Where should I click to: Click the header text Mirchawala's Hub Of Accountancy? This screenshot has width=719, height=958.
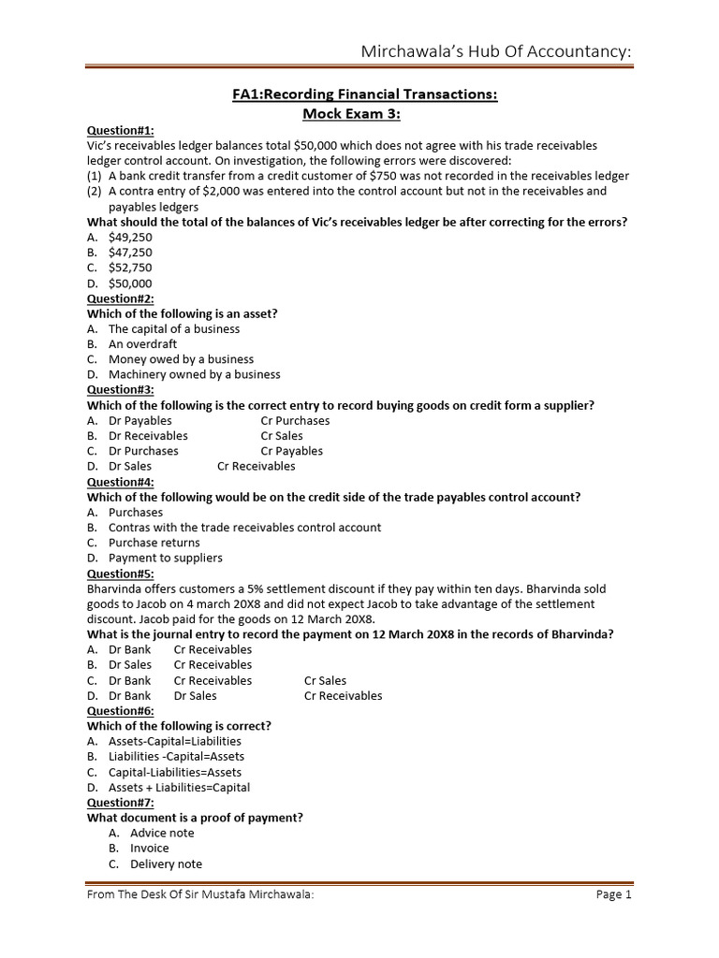coord(496,52)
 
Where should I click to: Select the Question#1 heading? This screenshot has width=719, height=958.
coord(120,131)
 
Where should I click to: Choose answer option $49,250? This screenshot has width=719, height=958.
coord(130,238)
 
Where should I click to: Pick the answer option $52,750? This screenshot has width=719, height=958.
coord(130,268)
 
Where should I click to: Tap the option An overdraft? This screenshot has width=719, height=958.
coord(142,344)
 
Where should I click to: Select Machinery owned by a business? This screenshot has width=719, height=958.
coord(194,374)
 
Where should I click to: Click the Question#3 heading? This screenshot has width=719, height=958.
coord(120,390)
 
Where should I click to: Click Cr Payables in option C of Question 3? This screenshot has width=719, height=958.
coord(292,451)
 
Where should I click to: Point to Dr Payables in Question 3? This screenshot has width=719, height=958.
coord(140,421)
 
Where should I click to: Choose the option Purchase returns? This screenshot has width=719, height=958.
coord(154,543)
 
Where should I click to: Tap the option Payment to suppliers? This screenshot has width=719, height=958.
coord(166,558)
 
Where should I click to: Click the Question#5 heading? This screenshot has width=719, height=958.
coord(120,573)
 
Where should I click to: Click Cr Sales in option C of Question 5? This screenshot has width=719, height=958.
coord(325,681)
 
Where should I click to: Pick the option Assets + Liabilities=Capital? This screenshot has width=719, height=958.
coord(179,788)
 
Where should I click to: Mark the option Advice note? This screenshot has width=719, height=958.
coord(162,833)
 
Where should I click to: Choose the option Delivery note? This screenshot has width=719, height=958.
coord(166,864)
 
